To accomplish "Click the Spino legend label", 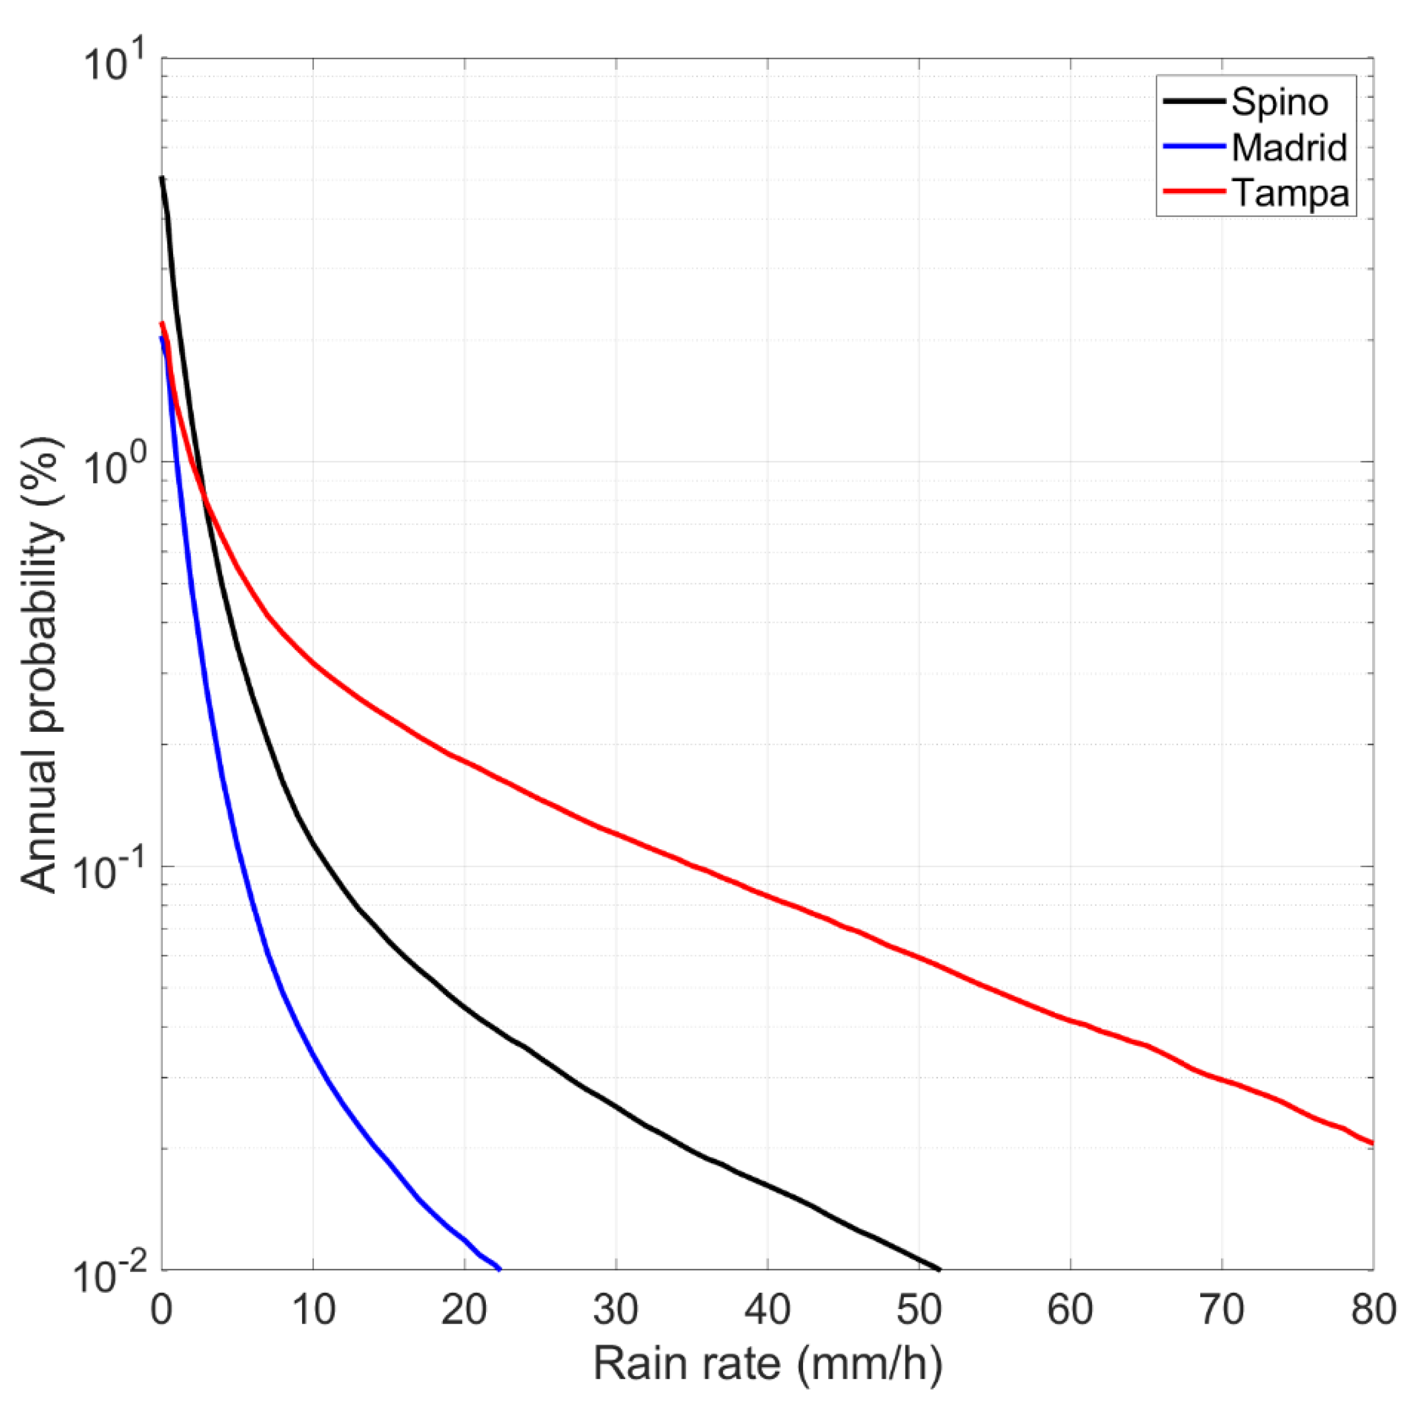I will (1279, 102).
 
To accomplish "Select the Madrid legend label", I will (1288, 147).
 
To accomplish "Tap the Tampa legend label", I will (1290, 193).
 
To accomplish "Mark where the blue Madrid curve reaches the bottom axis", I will (500, 1269).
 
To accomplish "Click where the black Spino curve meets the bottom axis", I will (940, 1269).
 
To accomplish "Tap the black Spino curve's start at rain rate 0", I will (162, 178).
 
